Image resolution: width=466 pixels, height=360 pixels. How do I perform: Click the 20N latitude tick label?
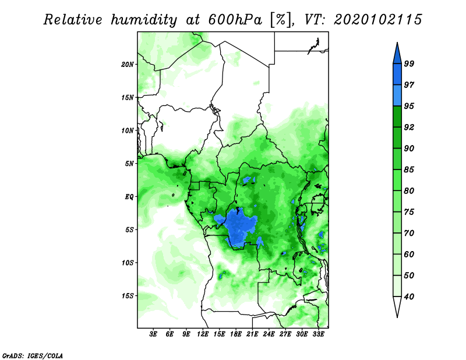128,65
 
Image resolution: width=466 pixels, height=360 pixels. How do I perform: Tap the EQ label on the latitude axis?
129,197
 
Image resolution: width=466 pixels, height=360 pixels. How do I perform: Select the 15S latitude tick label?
128,296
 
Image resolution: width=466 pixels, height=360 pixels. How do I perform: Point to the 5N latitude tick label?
129,164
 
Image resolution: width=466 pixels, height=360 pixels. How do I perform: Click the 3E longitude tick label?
153,334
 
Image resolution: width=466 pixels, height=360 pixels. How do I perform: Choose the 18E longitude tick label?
236,334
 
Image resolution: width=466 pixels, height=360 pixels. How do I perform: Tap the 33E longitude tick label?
318,334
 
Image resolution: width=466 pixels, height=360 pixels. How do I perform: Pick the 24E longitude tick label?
269,334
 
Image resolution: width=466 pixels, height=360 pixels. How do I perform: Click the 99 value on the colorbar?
409,63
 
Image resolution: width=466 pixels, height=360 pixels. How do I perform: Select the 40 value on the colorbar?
409,297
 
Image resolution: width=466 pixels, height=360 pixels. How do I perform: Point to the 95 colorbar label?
409,106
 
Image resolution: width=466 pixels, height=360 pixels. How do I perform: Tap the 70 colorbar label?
409,233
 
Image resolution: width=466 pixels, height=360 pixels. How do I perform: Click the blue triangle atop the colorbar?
397,55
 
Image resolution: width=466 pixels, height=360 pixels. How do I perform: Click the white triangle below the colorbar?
397,305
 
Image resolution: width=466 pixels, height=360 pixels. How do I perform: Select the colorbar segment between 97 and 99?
397,75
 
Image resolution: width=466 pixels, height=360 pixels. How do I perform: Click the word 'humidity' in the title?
144,20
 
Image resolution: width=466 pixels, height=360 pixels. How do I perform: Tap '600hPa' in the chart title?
235,20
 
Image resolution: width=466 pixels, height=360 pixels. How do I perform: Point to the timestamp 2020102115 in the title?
377,20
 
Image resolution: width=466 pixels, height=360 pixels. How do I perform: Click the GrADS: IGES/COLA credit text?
33,355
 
